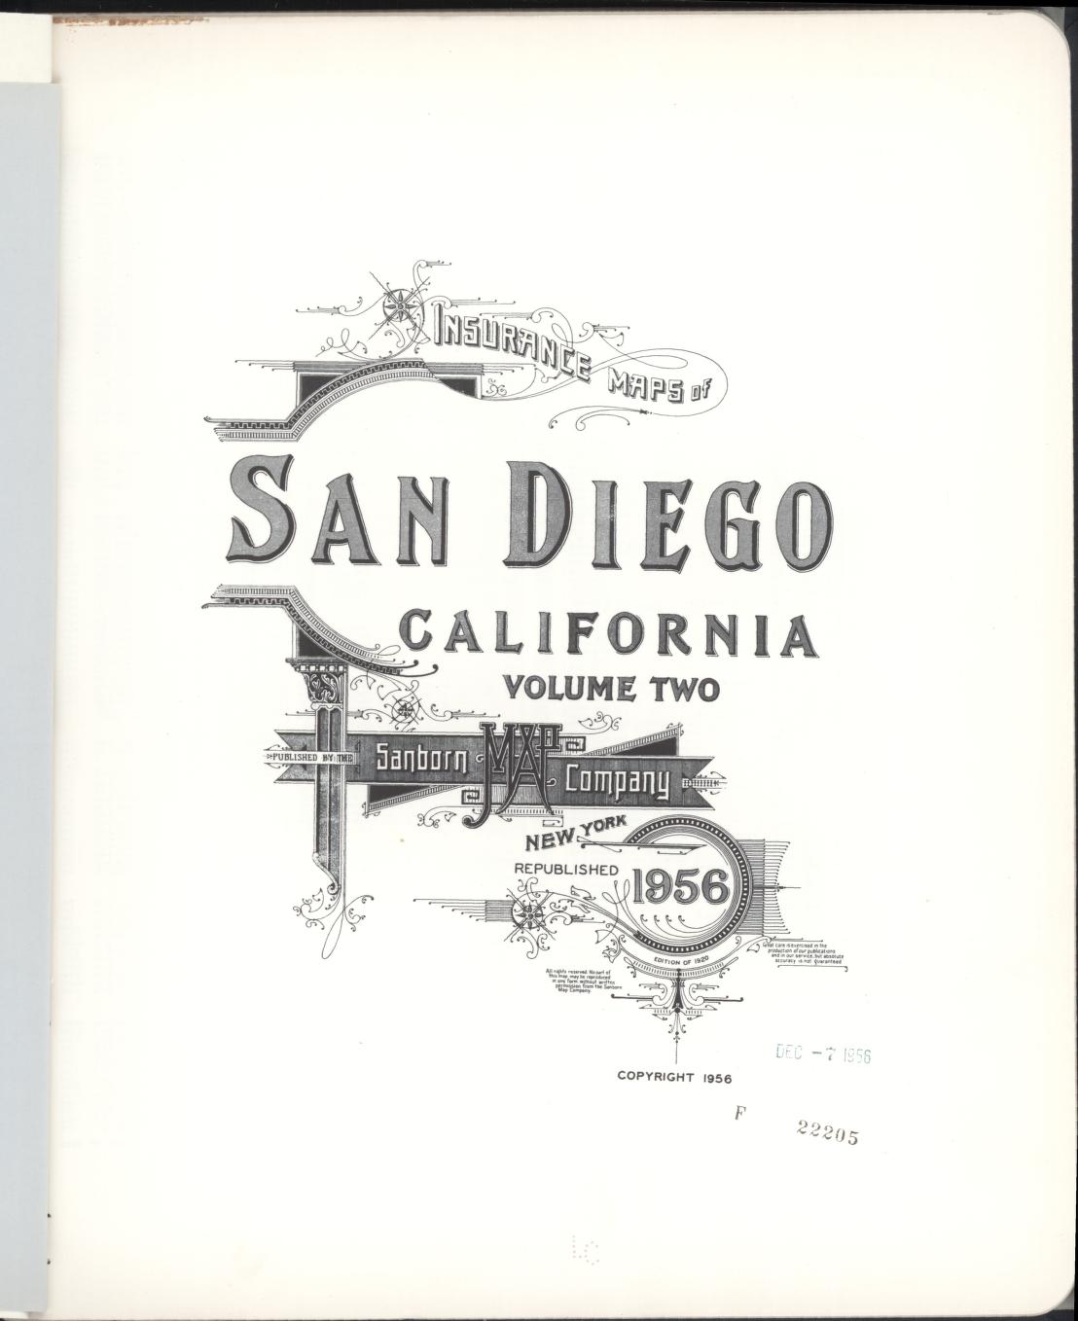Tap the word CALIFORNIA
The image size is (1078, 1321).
[x=609, y=633]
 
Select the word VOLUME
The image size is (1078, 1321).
[x=568, y=689]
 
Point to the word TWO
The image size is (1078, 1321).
[x=680, y=689]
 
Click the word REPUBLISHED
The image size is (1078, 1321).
[x=565, y=869]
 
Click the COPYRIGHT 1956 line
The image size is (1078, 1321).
[x=673, y=1077]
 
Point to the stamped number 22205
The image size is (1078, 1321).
[x=826, y=1132]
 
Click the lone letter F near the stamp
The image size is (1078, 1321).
[x=739, y=1115]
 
